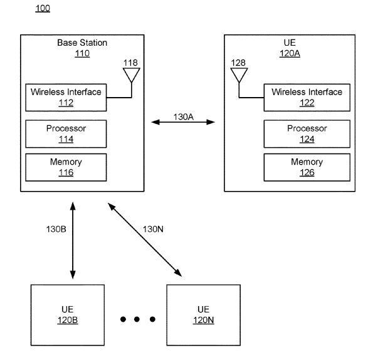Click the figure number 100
coord(43,8)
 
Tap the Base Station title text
coord(82,43)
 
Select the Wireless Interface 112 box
coord(66,98)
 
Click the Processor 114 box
coord(66,134)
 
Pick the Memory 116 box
coord(66,167)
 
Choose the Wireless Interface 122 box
coord(307,98)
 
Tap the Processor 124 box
coord(307,134)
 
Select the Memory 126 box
coord(307,167)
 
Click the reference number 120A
coord(290,53)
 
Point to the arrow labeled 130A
coord(183,122)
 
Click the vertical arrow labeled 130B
coord(73,240)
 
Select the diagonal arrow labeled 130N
coord(145,240)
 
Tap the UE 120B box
coord(68,315)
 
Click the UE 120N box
coord(203,315)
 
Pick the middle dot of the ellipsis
coord(137,319)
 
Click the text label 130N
coord(153,229)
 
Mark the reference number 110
coord(82,53)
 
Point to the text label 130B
coord(56,229)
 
